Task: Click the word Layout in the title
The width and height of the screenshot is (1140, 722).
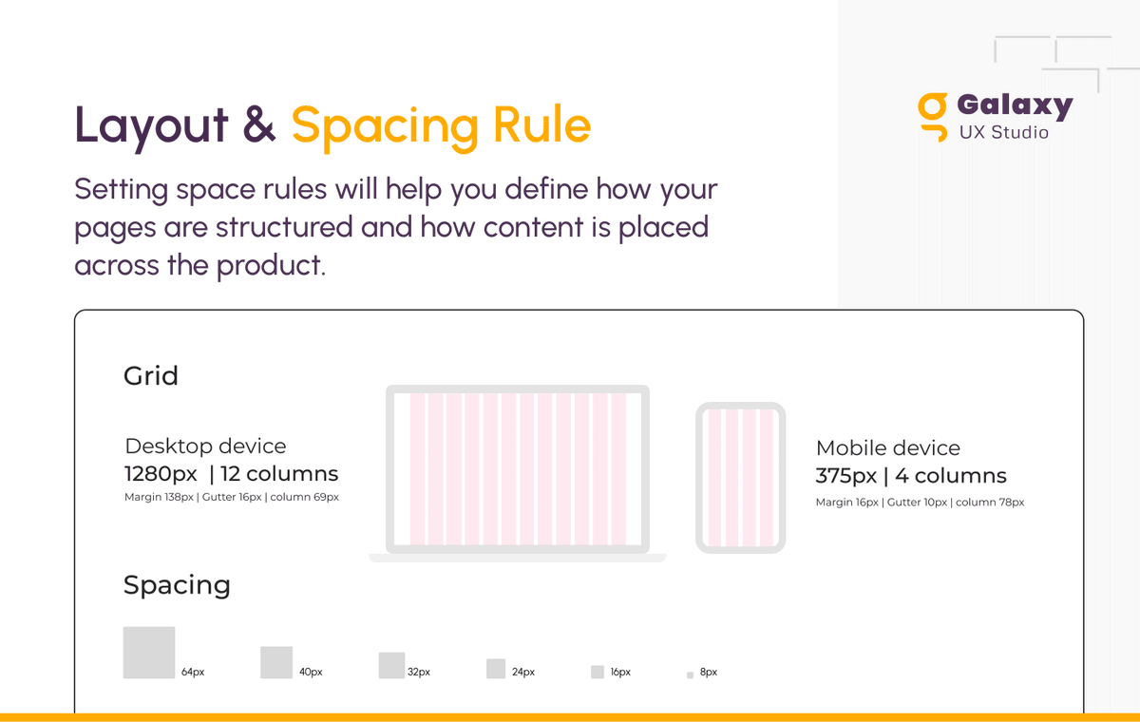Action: pos(152,125)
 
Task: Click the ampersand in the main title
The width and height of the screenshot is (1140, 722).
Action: pos(259,125)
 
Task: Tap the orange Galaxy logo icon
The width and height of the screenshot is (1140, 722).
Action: pos(933,116)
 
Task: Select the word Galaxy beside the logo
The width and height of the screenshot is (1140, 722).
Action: pos(1015,105)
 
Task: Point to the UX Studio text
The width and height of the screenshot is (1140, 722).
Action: pos(1003,133)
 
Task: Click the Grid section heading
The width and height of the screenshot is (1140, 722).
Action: pos(151,376)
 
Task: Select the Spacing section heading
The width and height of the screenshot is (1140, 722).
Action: pos(177,585)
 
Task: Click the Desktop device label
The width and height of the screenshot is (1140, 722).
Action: pos(205,446)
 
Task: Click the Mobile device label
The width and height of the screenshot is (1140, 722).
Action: pos(887,448)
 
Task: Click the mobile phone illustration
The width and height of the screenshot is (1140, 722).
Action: pos(740,478)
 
